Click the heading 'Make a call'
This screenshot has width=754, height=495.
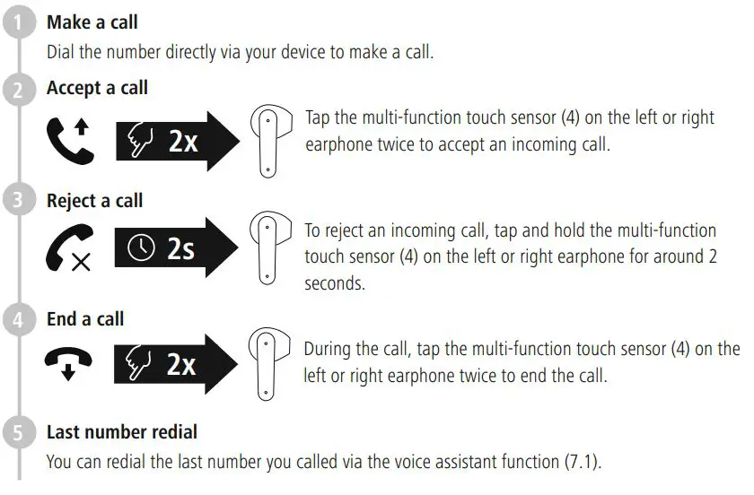click(92, 22)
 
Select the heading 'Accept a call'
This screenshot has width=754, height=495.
click(97, 89)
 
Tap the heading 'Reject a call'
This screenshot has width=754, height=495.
click(94, 201)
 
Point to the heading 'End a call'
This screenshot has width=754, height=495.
click(85, 319)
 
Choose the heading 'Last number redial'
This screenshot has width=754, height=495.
click(121, 432)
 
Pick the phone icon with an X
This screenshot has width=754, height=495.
click(69, 250)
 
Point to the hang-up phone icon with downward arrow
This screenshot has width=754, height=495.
click(69, 363)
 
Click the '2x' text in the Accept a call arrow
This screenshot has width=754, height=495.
click(182, 141)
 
